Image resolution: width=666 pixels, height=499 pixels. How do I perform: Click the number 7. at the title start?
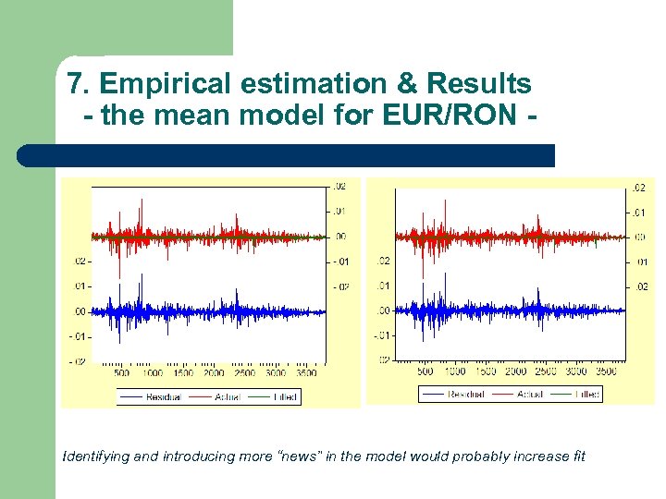click(x=79, y=84)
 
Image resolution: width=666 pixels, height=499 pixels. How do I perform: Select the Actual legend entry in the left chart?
click(x=227, y=396)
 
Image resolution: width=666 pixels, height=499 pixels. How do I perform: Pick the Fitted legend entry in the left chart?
click(x=285, y=396)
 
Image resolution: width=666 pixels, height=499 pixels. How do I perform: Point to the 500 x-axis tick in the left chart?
click(x=122, y=373)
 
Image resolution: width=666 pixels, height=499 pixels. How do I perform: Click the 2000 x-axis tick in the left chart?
click(x=214, y=373)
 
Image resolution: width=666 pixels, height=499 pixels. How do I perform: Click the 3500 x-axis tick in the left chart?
click(x=305, y=373)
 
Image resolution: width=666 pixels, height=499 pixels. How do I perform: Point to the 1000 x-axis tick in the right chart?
click(x=454, y=371)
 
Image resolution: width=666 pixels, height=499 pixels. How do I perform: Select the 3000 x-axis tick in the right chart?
click(x=575, y=371)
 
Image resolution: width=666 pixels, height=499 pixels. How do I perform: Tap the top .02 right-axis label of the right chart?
click(x=638, y=188)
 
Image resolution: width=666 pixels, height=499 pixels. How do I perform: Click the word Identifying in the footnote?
click(x=93, y=456)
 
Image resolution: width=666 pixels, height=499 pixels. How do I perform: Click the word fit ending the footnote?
click(x=577, y=456)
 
